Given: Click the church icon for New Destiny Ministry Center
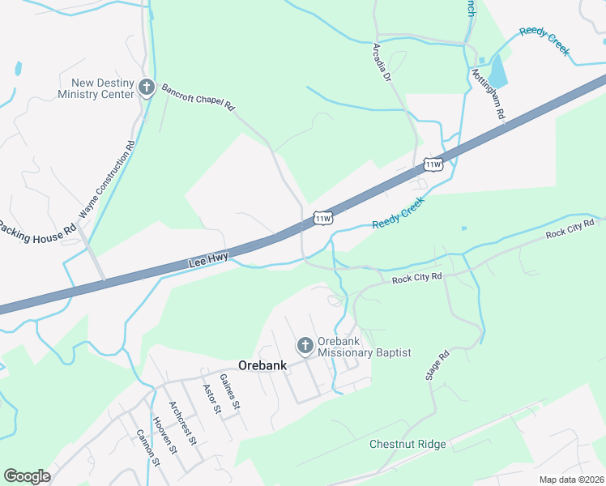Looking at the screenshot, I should coord(147,87).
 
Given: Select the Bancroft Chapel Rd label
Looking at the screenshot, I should coord(198,96).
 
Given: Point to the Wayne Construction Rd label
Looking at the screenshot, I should coord(106,181).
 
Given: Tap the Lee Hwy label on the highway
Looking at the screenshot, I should coord(208,261).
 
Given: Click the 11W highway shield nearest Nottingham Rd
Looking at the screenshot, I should coord(433,165).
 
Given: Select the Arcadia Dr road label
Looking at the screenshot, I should coord(382,63).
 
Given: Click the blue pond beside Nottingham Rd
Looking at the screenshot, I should coord(497,71).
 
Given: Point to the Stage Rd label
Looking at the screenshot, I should coord(437,366).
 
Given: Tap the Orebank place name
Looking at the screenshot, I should coord(262,365).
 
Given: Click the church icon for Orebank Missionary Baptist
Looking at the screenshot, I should coord(305,346).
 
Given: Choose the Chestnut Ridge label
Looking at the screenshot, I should coord(408,444).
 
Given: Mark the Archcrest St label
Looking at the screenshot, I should coord(182,422).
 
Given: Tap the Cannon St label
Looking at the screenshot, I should coord(147,448).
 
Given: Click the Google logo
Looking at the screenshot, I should coord(27,476).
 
